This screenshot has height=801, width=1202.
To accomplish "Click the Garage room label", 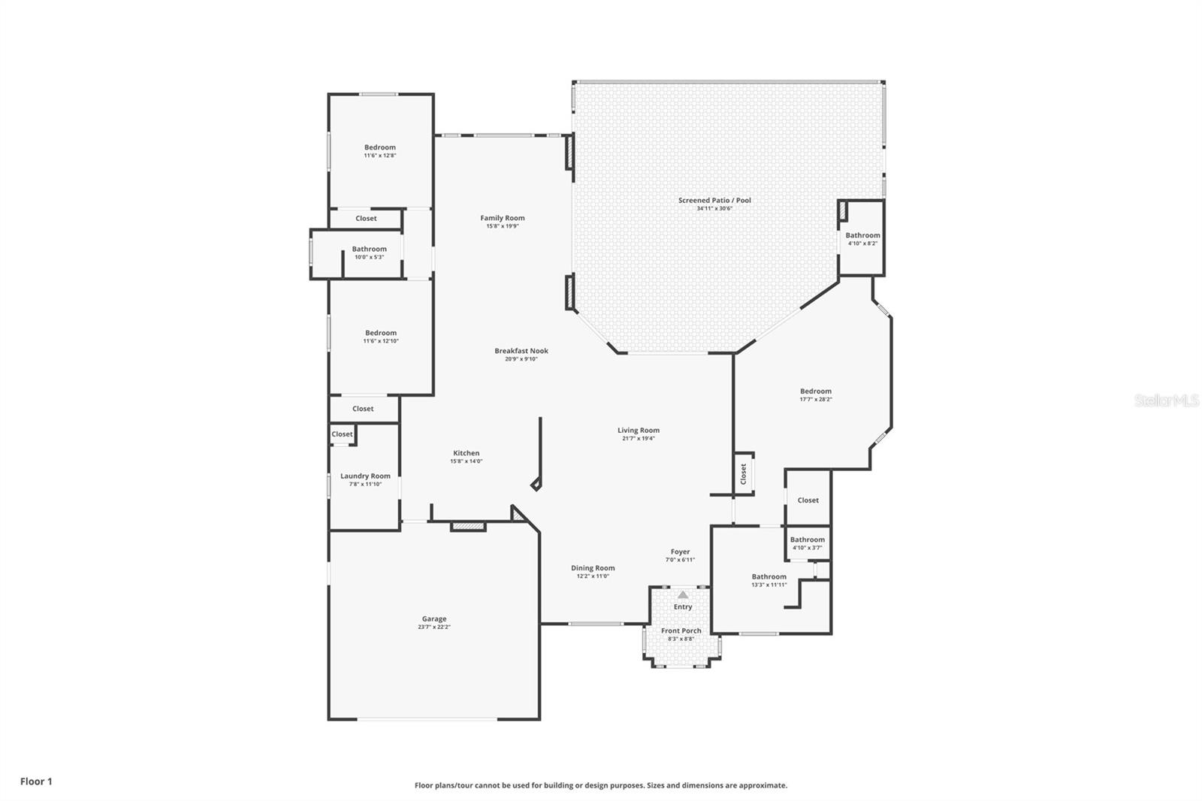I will coord(433,619).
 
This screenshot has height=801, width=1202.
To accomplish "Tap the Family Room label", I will coord(503,218).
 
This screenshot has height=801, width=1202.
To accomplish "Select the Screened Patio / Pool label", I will coord(714,201).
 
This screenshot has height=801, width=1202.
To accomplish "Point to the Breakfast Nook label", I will coord(521,351).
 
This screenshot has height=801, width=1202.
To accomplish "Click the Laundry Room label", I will coord(365,476).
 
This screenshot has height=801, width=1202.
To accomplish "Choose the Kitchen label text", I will coord(466,453).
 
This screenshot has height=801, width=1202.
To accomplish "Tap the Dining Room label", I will coord(593,568).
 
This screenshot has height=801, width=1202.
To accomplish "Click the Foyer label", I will coord(680,552).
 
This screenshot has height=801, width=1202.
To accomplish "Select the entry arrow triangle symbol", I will coord(683,594).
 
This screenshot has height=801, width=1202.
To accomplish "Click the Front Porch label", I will coord(681,631).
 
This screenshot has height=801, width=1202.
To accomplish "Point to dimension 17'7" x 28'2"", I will coord(815,400).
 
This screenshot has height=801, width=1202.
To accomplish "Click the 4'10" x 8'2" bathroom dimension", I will coord(862,243).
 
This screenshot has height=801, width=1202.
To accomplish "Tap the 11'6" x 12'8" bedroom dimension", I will coord(380,156).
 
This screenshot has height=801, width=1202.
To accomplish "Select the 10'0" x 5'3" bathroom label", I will coord(369,249).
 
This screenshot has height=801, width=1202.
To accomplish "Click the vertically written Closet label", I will coord(744,473).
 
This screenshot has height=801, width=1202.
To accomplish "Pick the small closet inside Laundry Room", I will coord(342,434).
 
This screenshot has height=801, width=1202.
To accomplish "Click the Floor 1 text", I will coord(36,781).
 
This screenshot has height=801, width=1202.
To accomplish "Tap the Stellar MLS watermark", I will coord(1166,401).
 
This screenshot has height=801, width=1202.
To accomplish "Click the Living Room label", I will coord(639,431).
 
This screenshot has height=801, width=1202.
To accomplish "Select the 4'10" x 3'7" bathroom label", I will coord(808,540).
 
